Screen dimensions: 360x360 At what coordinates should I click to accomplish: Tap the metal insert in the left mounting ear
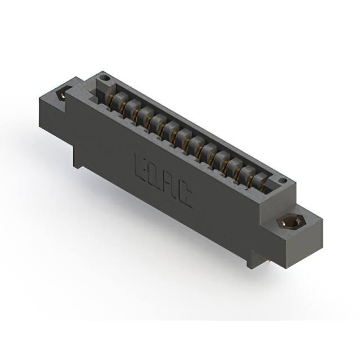coord(61,94)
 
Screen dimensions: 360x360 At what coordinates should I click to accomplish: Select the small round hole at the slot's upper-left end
coord(105,78)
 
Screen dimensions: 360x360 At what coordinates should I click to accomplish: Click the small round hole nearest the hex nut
coord(283,181)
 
